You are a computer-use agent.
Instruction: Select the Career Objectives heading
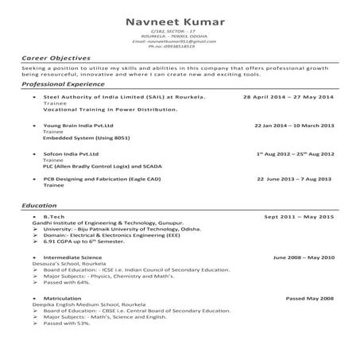56,59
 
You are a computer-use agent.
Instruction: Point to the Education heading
39,206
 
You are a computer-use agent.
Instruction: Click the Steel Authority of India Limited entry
123,96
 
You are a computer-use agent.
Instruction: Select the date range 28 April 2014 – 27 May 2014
288,96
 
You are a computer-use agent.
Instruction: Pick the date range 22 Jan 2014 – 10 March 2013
294,126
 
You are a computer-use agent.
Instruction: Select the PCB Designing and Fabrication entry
104,180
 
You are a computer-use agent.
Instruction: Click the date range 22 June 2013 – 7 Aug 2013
295,180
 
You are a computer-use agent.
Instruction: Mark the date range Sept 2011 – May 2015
299,216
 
